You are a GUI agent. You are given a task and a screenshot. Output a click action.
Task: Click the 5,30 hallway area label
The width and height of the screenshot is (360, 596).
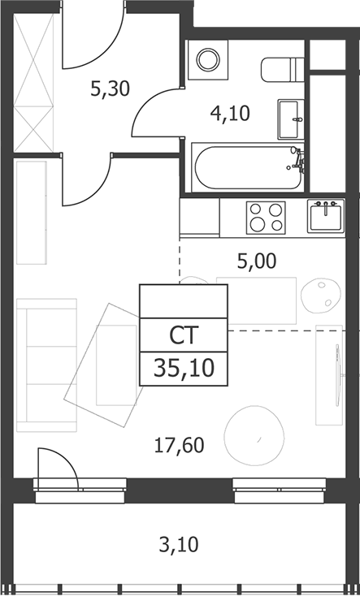(111, 89)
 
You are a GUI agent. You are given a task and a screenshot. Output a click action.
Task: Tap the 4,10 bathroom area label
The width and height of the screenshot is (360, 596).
(230, 113)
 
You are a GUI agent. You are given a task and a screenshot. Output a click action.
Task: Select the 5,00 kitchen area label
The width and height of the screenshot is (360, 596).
(257, 261)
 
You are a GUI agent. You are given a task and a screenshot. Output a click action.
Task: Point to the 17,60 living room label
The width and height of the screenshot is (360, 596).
(180, 445)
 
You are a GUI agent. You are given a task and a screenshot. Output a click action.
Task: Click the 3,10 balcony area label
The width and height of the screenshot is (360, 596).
(179, 545)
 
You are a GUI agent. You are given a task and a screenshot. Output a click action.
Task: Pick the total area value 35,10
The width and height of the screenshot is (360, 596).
(184, 369)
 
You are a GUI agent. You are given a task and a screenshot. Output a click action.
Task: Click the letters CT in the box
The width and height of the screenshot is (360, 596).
(184, 335)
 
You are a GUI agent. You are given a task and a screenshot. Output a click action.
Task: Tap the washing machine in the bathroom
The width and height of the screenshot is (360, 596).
(208, 59)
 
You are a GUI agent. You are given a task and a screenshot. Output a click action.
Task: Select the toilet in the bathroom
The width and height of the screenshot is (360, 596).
(282, 70)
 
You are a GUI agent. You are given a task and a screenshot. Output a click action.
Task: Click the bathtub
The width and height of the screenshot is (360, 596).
(248, 167)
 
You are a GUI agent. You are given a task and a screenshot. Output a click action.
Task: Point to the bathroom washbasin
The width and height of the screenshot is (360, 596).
(291, 119)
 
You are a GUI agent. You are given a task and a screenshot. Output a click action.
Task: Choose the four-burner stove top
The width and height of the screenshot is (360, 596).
(266, 218)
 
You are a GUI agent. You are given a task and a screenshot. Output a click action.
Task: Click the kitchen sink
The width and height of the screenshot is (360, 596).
(326, 216)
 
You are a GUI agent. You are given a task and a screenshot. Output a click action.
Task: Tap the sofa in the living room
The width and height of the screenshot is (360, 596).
(47, 365)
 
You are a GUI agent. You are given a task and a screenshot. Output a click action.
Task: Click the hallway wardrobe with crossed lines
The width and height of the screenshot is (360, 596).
(33, 84)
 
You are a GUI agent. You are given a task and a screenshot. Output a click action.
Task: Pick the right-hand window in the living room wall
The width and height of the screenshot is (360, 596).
(279, 490)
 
